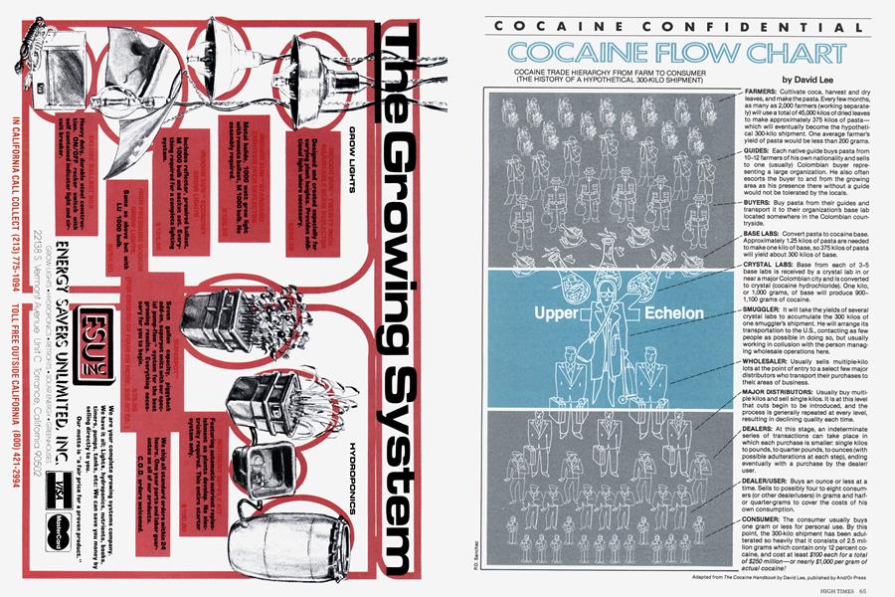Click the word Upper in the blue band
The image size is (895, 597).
pyautogui.click(x=535, y=315)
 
